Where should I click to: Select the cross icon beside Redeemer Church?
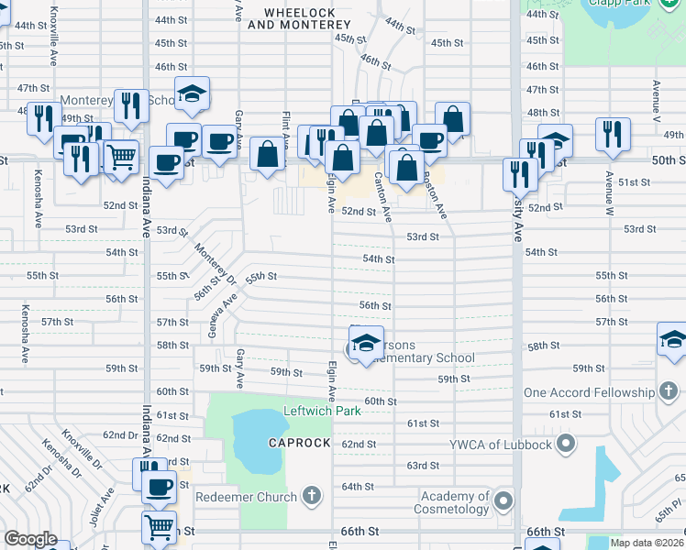tap(311, 497)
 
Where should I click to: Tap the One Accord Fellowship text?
tap(587, 392)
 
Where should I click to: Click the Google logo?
tap(30, 538)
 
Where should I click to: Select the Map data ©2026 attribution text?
tap(647, 543)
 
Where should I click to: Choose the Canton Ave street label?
tap(382, 197)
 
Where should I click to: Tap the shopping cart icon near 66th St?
tap(160, 527)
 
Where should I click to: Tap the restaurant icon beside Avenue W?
tap(612, 134)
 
